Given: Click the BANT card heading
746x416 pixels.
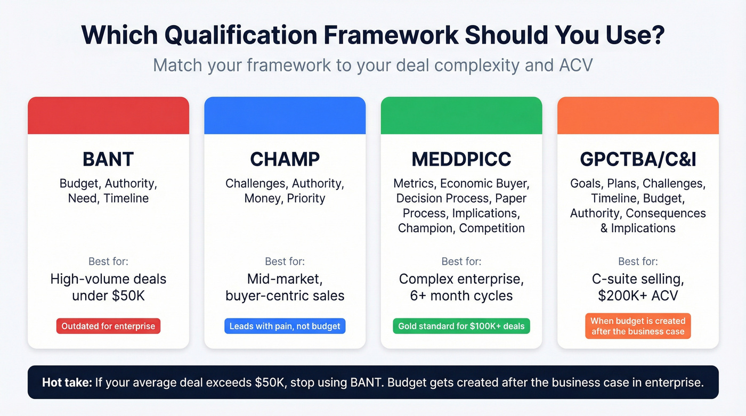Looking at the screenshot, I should point(108,159).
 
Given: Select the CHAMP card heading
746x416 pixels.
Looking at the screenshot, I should point(285,159).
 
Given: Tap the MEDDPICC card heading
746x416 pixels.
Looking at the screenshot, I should point(461,159).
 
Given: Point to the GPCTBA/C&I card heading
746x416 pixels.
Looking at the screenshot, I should point(638,159).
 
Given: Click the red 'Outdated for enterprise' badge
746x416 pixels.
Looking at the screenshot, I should point(108,326).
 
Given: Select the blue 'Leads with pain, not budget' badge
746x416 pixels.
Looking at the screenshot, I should point(285,326).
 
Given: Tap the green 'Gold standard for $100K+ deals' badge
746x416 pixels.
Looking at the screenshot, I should point(461,326).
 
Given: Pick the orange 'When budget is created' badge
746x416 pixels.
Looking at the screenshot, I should point(638,326).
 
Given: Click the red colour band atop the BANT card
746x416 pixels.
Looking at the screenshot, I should point(108,116).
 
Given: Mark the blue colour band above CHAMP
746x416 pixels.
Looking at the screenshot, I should point(285,116).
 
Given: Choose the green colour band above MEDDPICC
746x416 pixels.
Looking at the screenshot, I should point(461,116).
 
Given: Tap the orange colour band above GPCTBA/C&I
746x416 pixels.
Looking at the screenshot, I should point(638,116).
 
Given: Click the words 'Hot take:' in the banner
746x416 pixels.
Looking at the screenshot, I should point(66,382).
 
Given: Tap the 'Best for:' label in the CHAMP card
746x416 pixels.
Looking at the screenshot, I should point(285,262).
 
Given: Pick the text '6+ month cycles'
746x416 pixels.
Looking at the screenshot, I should point(461,296).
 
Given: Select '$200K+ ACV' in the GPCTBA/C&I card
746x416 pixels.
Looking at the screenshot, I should point(638,296).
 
